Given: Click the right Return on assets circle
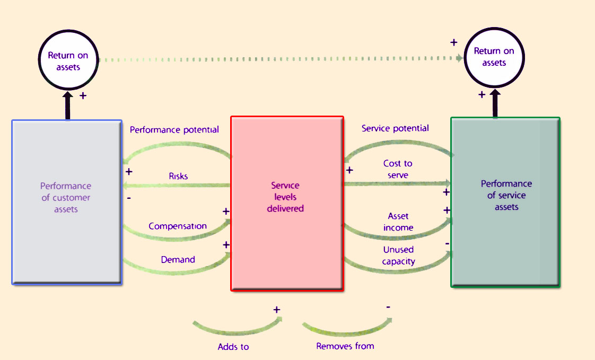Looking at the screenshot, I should tap(494, 57).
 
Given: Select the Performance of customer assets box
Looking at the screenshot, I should tap(67, 202).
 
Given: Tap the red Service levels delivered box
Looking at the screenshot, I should tap(287, 204).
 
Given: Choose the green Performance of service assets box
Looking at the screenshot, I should tap(505, 202).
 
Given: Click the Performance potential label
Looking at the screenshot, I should tap(174, 130).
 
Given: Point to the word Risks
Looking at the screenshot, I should tap(178, 176).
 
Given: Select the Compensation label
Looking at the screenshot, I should tap(178, 226).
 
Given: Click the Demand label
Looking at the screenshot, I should tap(178, 260).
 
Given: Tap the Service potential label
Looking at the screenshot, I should tap(395, 128).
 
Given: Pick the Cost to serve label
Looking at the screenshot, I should tap(398, 169).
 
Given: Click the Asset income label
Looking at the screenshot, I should tap(398, 222).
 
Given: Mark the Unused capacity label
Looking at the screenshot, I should tap(398, 255).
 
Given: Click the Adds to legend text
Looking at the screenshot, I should tap(233, 347).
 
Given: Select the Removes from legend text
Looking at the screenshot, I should tap(345, 346).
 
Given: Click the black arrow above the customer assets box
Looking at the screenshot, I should tap(68, 106).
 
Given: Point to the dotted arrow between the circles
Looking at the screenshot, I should tap(281, 59).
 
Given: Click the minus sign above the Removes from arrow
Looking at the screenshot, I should tap(388, 307).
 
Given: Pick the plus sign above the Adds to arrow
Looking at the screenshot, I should tap(277, 310).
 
